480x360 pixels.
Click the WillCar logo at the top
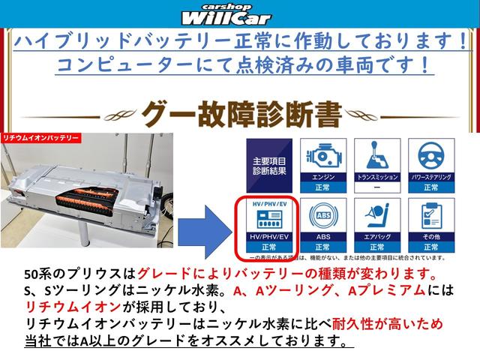click(238, 14)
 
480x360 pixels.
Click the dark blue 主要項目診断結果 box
click(268, 166)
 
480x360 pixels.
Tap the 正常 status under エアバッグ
click(372, 246)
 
